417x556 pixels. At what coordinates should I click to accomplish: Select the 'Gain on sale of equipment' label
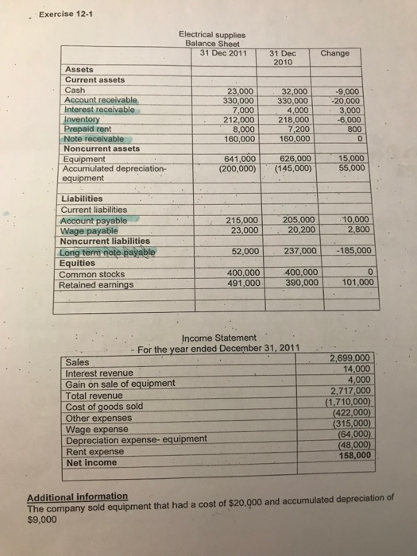(120, 384)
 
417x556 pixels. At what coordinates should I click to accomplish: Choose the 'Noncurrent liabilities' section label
(106, 241)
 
